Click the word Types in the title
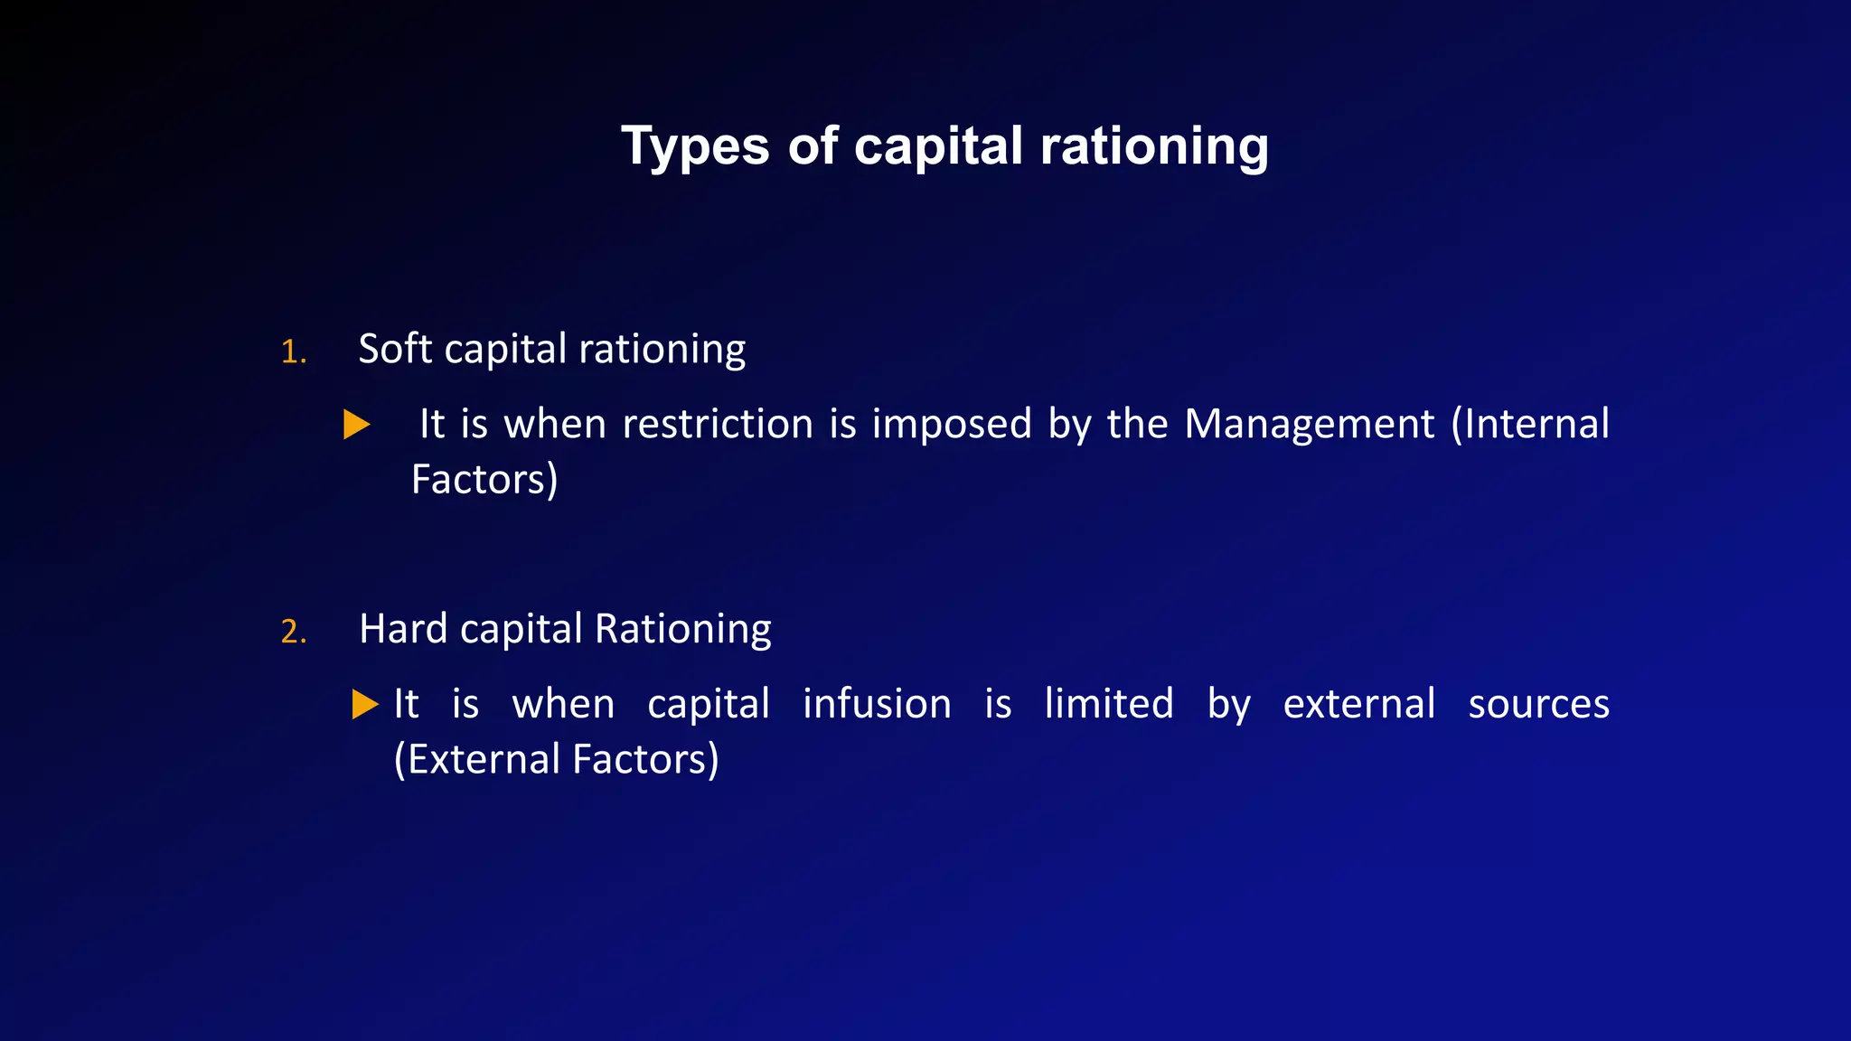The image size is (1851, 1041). [695, 146]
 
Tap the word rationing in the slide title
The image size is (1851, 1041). [1154, 146]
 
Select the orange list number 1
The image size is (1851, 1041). [292, 352]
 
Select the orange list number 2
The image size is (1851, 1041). [293, 631]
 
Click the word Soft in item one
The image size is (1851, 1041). [395, 349]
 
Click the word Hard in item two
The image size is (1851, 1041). [402, 629]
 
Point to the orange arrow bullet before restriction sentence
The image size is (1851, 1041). [357, 424]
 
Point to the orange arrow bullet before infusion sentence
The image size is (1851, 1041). [365, 704]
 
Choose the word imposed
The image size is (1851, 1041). [951, 424]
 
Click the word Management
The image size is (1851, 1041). [1309, 424]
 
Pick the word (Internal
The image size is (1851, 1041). [1530, 424]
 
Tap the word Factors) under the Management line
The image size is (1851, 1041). [484, 480]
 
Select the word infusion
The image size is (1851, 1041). [877, 704]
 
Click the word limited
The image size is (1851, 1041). [1109, 704]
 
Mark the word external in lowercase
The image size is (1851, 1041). [1358, 704]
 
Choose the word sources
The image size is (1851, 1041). [1538, 704]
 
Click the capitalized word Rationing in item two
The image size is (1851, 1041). [683, 629]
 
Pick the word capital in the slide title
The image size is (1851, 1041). [938, 146]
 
